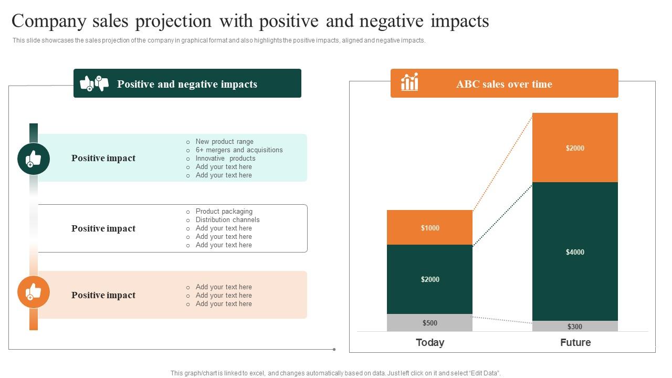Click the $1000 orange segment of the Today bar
coord(429,227)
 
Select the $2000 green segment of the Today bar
coord(429,279)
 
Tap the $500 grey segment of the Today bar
coord(429,323)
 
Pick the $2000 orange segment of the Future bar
coord(575,148)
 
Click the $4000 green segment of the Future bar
coord(575,251)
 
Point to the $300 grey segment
coord(575,326)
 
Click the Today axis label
coord(429,342)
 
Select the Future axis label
coord(575,342)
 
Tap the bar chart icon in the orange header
coord(409,82)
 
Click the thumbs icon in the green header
coord(94,83)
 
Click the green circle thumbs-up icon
coord(34,159)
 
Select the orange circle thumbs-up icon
coord(34,292)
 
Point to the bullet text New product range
coord(224,141)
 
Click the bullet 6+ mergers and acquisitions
coord(239,150)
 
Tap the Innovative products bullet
coord(225,158)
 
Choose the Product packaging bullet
coord(224,211)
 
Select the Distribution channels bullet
coord(227,219)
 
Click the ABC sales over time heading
coord(504,84)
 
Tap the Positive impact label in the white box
coord(103,228)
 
